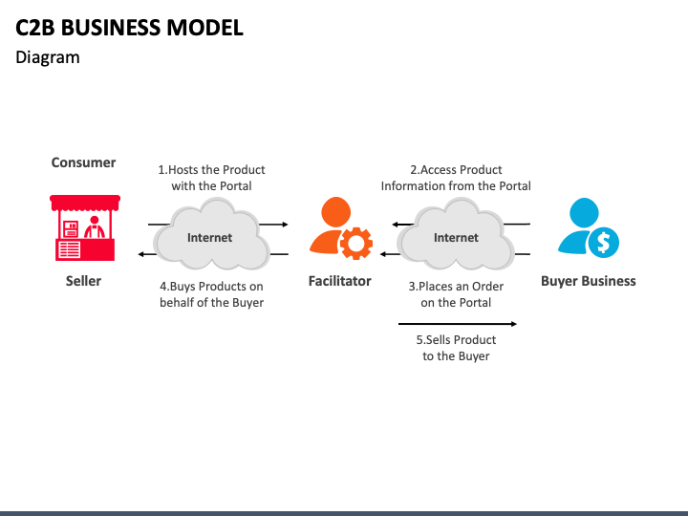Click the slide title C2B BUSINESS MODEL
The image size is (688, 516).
[x=130, y=27]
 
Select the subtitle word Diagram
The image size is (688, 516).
[x=48, y=57]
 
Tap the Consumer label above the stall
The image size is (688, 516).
[x=83, y=162]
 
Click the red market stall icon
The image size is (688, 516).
[x=84, y=229]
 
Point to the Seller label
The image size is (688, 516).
[x=83, y=281]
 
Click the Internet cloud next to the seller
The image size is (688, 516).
[x=209, y=235]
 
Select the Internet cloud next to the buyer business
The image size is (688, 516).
[x=456, y=235]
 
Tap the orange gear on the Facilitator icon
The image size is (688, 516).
[x=356, y=243]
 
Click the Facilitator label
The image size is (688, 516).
[x=339, y=281]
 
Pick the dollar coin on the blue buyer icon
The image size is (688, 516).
[x=603, y=243]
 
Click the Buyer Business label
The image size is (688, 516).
[x=588, y=281]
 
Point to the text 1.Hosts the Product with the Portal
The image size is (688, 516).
[x=211, y=178]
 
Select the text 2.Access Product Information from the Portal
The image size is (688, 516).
[x=456, y=178]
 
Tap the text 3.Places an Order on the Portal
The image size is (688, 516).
[x=456, y=293]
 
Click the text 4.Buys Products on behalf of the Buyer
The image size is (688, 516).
[x=211, y=293]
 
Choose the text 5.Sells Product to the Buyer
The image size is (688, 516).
[x=456, y=348]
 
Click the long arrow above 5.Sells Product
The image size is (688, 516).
[x=458, y=324]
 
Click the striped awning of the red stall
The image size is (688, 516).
[x=84, y=202]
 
